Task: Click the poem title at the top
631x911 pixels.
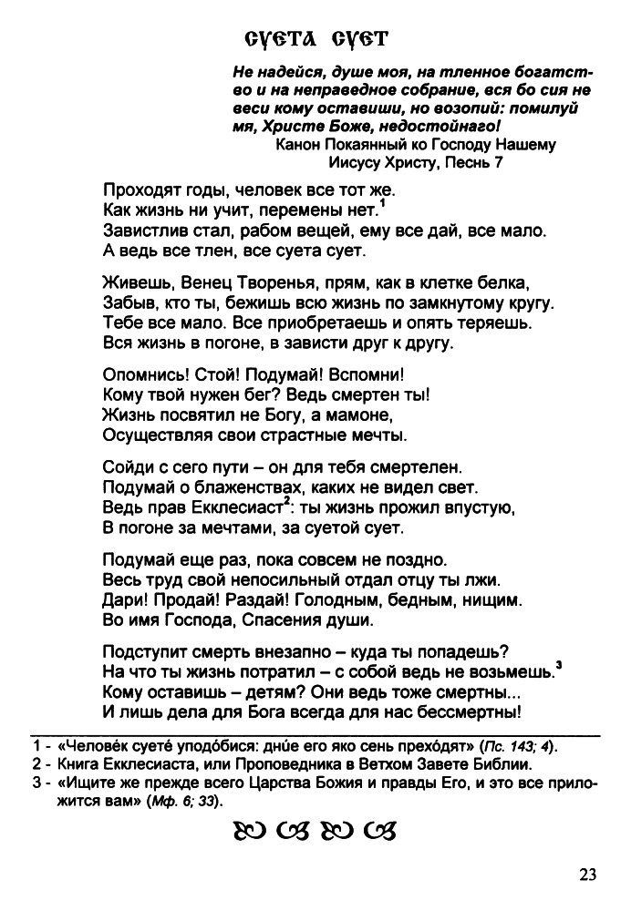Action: pyautogui.click(x=316, y=39)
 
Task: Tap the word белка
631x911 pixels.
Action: pyautogui.click(x=507, y=281)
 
